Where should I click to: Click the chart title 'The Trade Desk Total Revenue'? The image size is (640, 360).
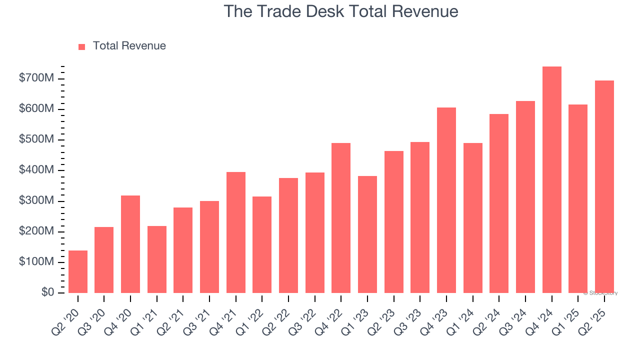pos(340,11)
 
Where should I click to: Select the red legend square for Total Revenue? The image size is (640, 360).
pos(82,46)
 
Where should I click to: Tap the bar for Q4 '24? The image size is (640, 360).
pos(552,180)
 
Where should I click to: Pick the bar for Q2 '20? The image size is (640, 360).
pos(78,271)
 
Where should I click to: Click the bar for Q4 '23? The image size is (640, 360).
pos(446,200)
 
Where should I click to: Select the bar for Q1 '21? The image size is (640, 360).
pos(157,259)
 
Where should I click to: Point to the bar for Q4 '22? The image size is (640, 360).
pos(341,218)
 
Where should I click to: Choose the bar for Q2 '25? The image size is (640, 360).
pos(604,186)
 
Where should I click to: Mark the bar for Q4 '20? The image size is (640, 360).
pos(130,244)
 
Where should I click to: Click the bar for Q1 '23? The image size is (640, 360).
pos(367,234)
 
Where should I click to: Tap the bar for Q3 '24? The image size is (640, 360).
pos(525,197)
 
